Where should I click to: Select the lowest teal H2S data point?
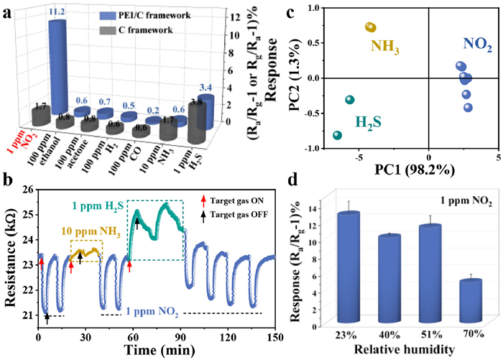pyautogui.click(x=337, y=135)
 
